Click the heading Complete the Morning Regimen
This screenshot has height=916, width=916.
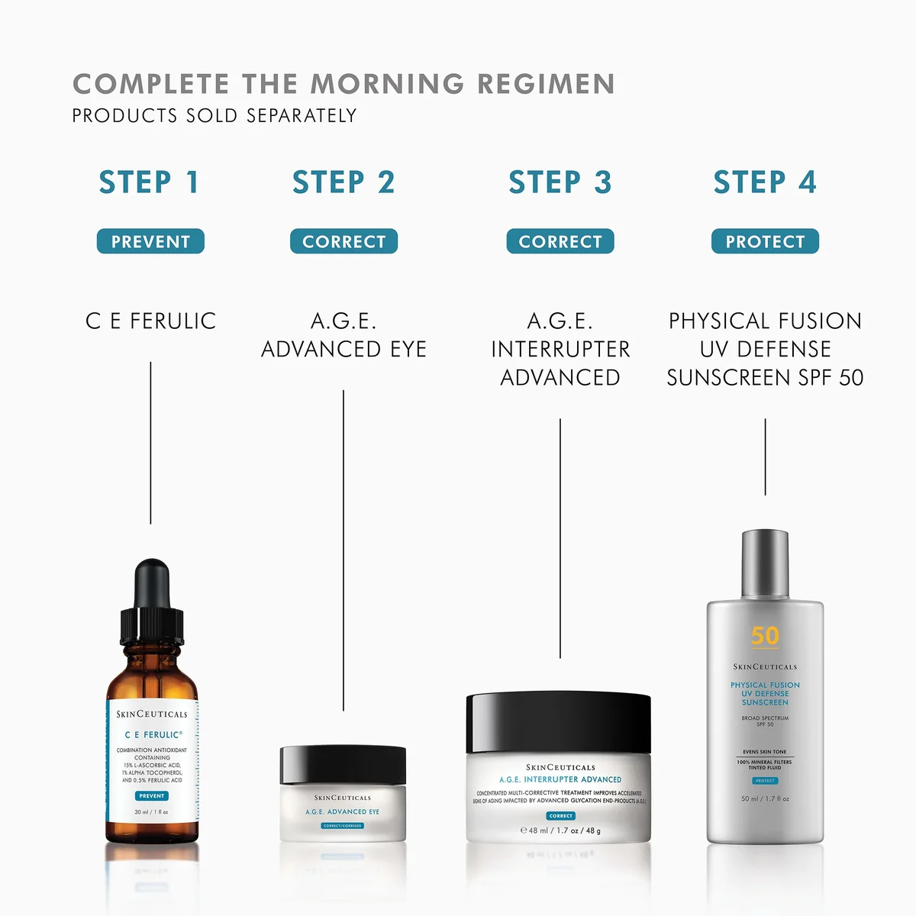click(x=343, y=84)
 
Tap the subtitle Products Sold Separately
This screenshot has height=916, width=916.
click(x=214, y=116)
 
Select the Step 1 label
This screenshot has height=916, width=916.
click(x=150, y=182)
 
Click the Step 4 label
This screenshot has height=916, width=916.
click(x=765, y=182)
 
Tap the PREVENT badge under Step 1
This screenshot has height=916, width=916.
click(x=150, y=241)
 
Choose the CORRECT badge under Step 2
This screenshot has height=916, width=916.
click(x=343, y=241)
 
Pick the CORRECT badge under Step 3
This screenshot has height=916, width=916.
click(x=560, y=241)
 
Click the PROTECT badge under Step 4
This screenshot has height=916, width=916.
click(x=765, y=241)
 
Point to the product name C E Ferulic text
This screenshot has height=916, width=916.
click(x=150, y=321)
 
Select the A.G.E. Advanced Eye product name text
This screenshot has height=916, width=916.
click(x=343, y=335)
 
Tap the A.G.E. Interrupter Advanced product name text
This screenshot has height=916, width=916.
click(x=560, y=349)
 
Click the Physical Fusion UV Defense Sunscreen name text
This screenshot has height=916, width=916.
click(x=765, y=349)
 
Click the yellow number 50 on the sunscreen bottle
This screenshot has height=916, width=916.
click(x=765, y=636)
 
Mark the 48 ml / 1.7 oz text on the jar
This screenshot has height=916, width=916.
click(x=561, y=831)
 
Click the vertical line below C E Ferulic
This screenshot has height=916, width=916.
click(x=150, y=443)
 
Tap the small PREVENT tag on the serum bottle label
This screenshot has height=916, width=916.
click(x=152, y=795)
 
